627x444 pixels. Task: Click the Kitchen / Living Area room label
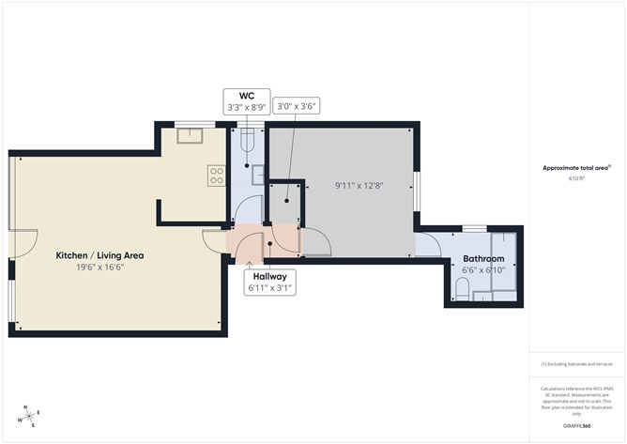pos(99,254)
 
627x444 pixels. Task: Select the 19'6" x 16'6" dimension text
pos(99,268)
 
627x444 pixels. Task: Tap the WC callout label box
pos(247,101)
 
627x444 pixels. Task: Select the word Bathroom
pos(482,258)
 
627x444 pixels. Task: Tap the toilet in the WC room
pos(247,142)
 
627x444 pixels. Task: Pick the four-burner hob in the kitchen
pos(217,175)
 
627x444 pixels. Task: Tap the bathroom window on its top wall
pos(475,228)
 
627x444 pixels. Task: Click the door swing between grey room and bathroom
pos(427,245)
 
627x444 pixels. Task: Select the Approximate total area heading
pos(576,167)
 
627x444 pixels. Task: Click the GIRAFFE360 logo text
pos(576,425)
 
